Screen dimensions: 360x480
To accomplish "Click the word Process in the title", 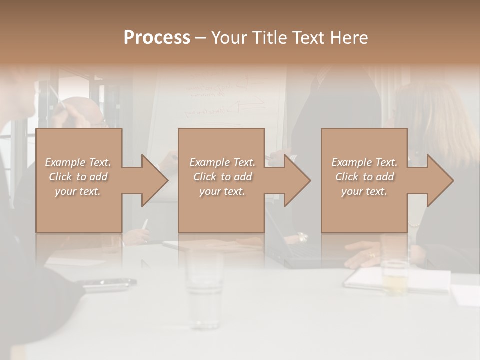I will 157,38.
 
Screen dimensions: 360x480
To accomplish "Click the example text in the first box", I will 78,177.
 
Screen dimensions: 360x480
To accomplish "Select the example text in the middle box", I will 222,177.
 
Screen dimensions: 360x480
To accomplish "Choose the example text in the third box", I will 364,177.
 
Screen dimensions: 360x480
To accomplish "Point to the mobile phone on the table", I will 109,284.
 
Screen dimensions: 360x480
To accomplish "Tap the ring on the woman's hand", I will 371,255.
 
